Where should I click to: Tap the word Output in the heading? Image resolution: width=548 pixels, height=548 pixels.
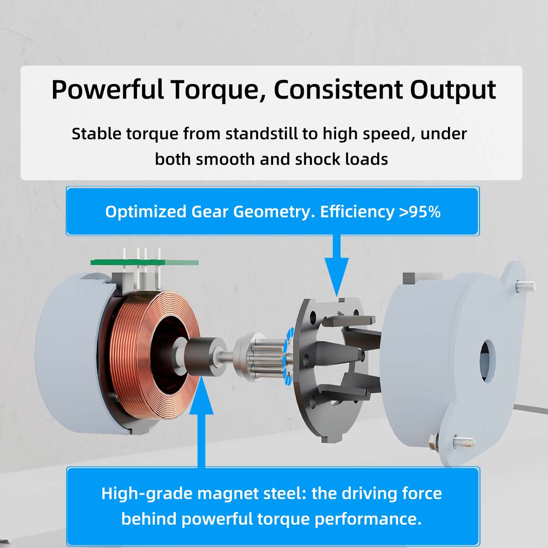click(453, 90)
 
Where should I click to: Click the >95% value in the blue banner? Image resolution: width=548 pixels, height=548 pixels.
click(420, 211)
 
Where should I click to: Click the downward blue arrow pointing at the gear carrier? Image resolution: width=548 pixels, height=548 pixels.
click(337, 266)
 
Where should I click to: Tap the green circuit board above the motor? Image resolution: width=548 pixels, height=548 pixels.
click(144, 262)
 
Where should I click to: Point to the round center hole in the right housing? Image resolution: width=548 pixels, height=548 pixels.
click(488, 360)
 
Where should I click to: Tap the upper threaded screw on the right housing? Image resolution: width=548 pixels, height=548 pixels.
click(526, 285)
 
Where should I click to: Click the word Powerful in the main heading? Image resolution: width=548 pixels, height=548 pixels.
click(107, 90)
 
